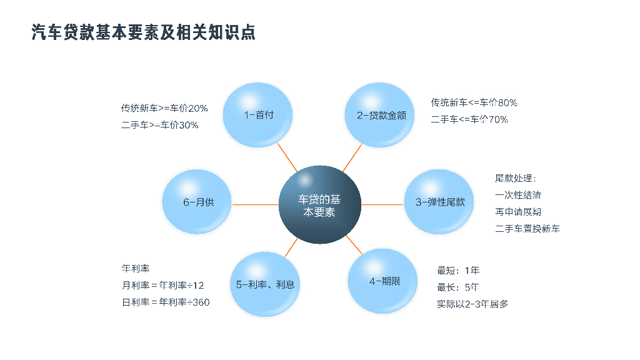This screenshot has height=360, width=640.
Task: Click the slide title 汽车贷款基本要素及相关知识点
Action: click(143, 32)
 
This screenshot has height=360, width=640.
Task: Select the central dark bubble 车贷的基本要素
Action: click(319, 204)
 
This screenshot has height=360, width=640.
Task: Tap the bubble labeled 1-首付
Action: click(259, 115)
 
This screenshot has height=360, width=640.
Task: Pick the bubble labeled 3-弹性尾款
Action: click(440, 202)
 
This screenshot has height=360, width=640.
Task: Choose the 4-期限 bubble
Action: click(384, 281)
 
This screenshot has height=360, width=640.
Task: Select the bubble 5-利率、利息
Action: click(265, 284)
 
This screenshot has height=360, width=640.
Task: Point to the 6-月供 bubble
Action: click(198, 202)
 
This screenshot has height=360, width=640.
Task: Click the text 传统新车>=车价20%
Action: click(164, 108)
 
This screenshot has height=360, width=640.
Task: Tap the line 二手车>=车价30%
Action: click(159, 125)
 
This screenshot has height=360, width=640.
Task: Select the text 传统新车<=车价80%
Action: click(474, 102)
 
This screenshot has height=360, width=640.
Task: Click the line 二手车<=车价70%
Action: click(469, 119)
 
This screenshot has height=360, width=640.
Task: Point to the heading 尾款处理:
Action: click(515, 179)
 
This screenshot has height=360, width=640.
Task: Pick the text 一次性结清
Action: click(518, 195)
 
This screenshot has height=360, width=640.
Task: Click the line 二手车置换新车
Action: click(527, 229)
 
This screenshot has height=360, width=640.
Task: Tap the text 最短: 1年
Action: click(458, 271)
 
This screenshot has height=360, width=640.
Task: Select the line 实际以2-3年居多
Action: click(472, 304)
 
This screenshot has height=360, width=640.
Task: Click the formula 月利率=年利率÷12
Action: click(162, 286)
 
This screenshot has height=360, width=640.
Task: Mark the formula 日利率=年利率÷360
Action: click(166, 302)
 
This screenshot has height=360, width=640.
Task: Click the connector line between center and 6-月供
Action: click(255, 204)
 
